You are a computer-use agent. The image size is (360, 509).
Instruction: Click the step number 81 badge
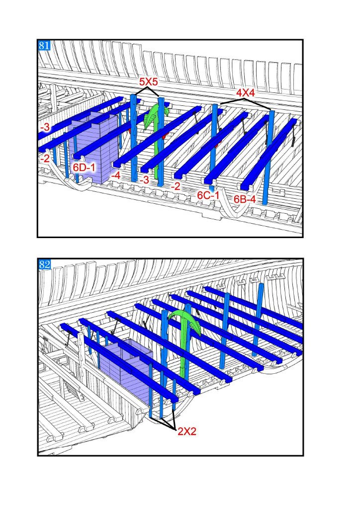(44, 45)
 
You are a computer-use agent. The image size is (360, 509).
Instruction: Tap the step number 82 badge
(45, 264)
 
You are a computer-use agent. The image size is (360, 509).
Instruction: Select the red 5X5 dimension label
(148, 82)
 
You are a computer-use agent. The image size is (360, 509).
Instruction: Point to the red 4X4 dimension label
(245, 93)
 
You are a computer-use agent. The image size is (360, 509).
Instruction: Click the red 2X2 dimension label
(186, 431)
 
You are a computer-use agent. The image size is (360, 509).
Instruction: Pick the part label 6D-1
(84, 168)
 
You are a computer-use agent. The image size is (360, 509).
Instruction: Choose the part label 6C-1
(208, 195)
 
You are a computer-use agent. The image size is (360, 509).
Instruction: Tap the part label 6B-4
(245, 199)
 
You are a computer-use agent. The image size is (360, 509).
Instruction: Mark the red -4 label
(115, 175)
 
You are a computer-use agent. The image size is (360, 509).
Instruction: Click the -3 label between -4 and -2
(145, 179)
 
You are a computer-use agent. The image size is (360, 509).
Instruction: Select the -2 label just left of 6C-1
(176, 186)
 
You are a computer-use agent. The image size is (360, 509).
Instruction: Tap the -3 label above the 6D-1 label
(45, 127)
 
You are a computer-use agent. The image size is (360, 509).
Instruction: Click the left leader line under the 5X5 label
(141, 91)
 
